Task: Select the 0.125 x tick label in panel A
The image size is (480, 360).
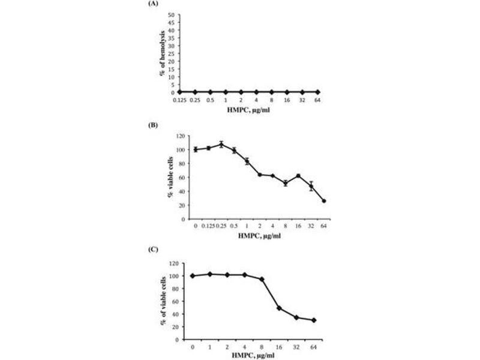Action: point(179,100)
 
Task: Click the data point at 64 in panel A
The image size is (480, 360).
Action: point(317,92)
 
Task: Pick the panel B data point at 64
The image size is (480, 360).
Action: point(324,201)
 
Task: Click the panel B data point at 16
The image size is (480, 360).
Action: point(298,176)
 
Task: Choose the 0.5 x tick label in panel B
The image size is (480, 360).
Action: point(235,227)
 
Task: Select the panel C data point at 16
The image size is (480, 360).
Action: point(279,308)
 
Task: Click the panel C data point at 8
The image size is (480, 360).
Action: point(262,279)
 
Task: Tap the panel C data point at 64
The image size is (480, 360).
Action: point(314,320)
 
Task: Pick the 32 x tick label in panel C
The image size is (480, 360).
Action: point(296,346)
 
